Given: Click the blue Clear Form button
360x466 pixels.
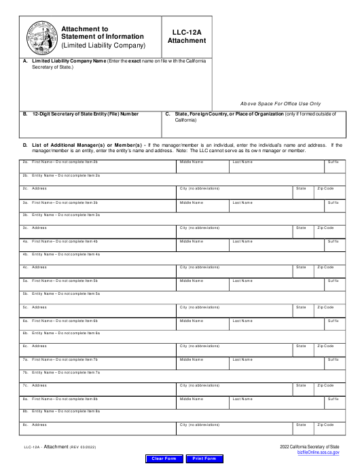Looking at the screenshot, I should tap(163, 459).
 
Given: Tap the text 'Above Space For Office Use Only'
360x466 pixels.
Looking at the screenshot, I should tap(281, 103).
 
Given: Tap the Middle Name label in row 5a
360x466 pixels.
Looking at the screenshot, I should tap(192, 280).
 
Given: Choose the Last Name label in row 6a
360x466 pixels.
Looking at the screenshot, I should tap(242, 319).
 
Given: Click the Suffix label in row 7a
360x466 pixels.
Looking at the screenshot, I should tap(333, 359).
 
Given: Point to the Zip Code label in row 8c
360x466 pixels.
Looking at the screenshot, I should tap(326, 425).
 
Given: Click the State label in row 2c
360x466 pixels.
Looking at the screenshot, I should tap(301, 188).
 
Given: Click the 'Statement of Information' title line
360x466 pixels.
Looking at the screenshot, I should tap(102, 37).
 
